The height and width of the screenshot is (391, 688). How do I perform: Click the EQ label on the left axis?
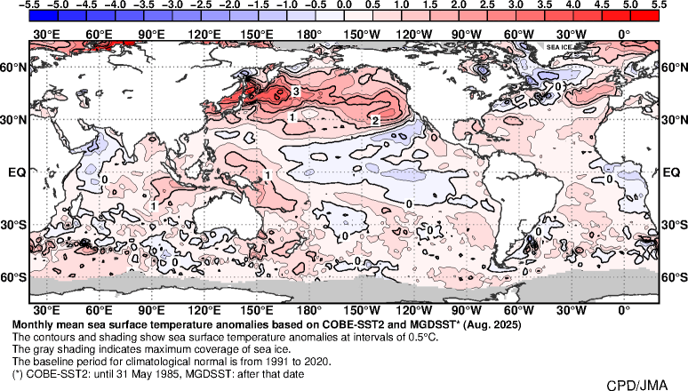15,172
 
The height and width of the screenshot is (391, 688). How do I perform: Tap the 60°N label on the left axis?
12,68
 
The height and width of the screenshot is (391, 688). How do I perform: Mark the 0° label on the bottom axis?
624,311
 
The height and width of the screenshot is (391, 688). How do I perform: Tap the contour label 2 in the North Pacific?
375,120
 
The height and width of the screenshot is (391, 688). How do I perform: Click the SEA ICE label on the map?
559,46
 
